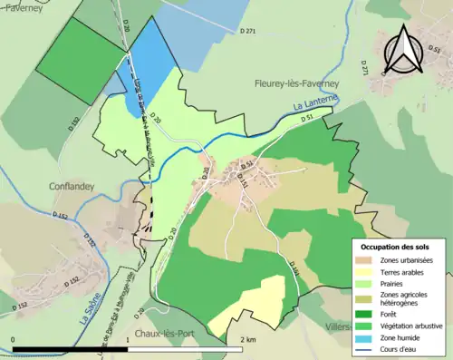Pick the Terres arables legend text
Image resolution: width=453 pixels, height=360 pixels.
click(x=407, y=272)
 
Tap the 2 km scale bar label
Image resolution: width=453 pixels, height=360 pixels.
click(x=248, y=339)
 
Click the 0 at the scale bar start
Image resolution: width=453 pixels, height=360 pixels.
click(x=13, y=339)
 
